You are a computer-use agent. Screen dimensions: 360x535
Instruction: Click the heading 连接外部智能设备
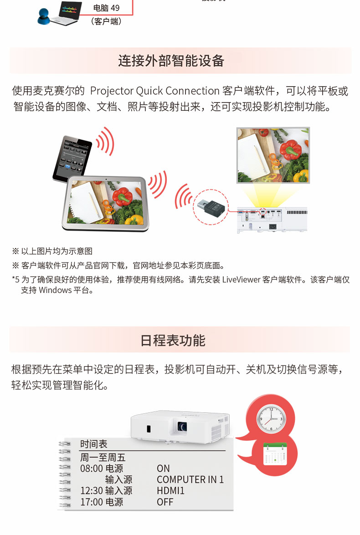(x=171, y=61)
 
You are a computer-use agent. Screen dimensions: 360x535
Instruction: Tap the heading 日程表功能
(x=173, y=340)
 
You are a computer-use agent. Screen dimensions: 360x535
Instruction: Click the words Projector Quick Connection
(x=154, y=91)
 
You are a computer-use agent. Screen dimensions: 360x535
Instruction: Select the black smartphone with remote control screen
(x=72, y=158)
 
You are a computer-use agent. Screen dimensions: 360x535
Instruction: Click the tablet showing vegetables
(x=105, y=203)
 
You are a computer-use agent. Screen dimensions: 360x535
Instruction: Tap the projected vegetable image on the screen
(x=273, y=155)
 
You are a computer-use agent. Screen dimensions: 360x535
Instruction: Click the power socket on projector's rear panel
(x=273, y=226)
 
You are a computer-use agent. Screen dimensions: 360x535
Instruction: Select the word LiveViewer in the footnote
(x=241, y=280)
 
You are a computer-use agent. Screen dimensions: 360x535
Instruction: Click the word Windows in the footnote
(x=55, y=290)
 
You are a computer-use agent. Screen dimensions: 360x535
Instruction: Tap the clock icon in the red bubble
(x=271, y=419)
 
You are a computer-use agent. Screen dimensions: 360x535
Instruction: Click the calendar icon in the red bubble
(x=275, y=453)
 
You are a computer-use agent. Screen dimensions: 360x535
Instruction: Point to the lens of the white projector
(x=182, y=426)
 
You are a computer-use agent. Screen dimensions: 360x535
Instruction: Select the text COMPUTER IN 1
(x=190, y=479)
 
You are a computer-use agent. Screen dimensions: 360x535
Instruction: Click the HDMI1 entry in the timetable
(x=170, y=491)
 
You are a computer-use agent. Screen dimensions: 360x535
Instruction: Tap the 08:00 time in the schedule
(x=91, y=468)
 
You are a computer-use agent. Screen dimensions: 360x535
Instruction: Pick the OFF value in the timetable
(x=165, y=502)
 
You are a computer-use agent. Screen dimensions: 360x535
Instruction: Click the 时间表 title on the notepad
(x=93, y=444)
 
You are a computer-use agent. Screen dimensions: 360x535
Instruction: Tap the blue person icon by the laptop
(x=44, y=17)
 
